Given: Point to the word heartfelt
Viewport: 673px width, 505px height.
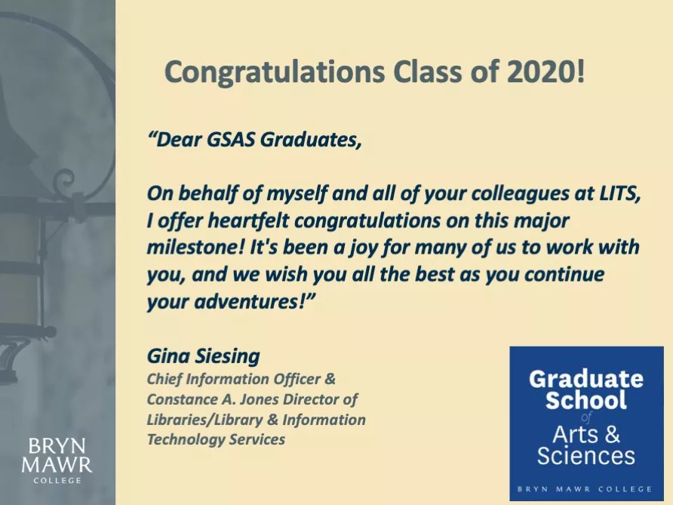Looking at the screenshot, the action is [249, 220].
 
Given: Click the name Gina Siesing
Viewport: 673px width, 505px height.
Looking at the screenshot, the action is [204, 356].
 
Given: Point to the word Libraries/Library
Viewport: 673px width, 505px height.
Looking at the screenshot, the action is [204, 420].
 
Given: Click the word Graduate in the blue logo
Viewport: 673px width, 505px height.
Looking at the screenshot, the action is [586, 379].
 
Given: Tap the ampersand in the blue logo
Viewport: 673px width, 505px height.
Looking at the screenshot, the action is [611, 434].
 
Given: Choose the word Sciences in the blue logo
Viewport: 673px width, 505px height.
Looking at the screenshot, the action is [586, 455].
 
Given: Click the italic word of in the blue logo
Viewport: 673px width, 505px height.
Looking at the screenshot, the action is [586, 417].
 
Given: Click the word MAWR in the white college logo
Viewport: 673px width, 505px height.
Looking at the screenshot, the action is [57, 465].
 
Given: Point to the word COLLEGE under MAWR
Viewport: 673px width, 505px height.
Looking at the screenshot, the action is [57, 481].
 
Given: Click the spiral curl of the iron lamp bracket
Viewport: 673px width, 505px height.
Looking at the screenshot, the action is [67, 180].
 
